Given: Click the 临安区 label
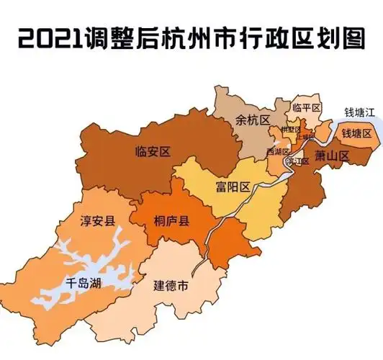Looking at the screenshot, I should tap(152, 150).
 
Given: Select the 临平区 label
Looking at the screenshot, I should tap(306, 107).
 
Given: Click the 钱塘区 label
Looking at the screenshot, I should tap(356, 134).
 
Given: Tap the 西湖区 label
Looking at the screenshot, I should tap(277, 152).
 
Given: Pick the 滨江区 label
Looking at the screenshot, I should tap(297, 161).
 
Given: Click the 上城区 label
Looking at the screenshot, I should tap(306, 137).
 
